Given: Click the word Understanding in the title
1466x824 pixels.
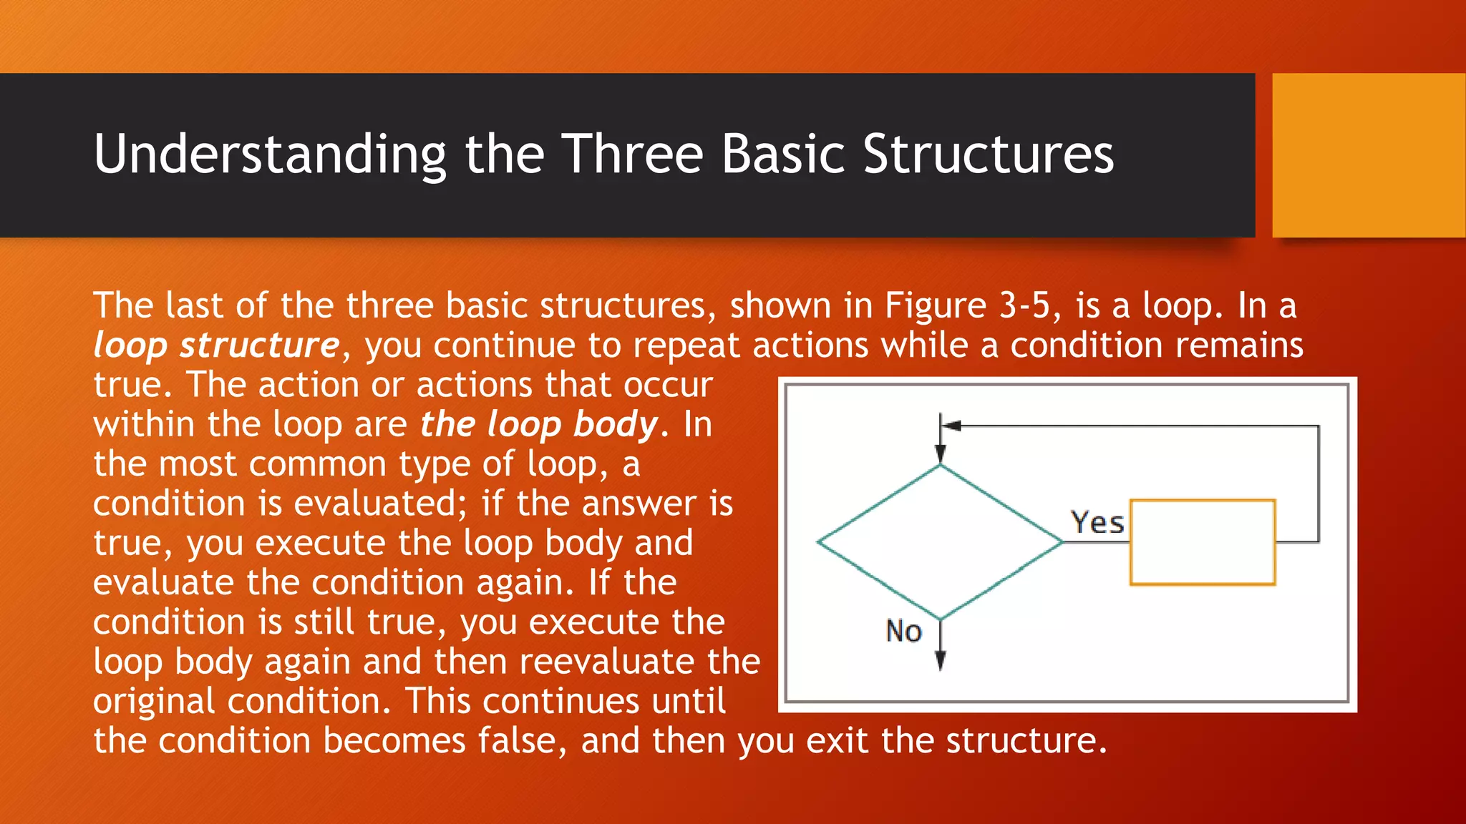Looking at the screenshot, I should coord(270,154).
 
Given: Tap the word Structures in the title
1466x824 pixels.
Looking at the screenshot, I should coord(988,154).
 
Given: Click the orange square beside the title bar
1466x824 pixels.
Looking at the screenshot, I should coord(1368,155).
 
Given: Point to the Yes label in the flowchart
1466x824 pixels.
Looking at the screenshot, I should coord(1097,523).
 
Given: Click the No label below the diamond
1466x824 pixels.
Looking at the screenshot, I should coord(903,632).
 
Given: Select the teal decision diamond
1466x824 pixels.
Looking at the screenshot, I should coord(940,542).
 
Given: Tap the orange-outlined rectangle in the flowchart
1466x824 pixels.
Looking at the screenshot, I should coord(1203,542).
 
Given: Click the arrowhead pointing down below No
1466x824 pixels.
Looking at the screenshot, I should coord(941,661).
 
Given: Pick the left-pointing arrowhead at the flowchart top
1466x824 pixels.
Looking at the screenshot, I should coord(951,426).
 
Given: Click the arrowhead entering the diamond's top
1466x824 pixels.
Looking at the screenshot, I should coord(941,455).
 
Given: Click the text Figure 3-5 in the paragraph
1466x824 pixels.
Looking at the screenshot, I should coord(967,306).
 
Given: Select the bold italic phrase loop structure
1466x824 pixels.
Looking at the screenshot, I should coord(216,346).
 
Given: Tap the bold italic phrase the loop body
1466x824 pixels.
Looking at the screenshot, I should coord(538,424).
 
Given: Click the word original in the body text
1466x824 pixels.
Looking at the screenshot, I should coord(154,702).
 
